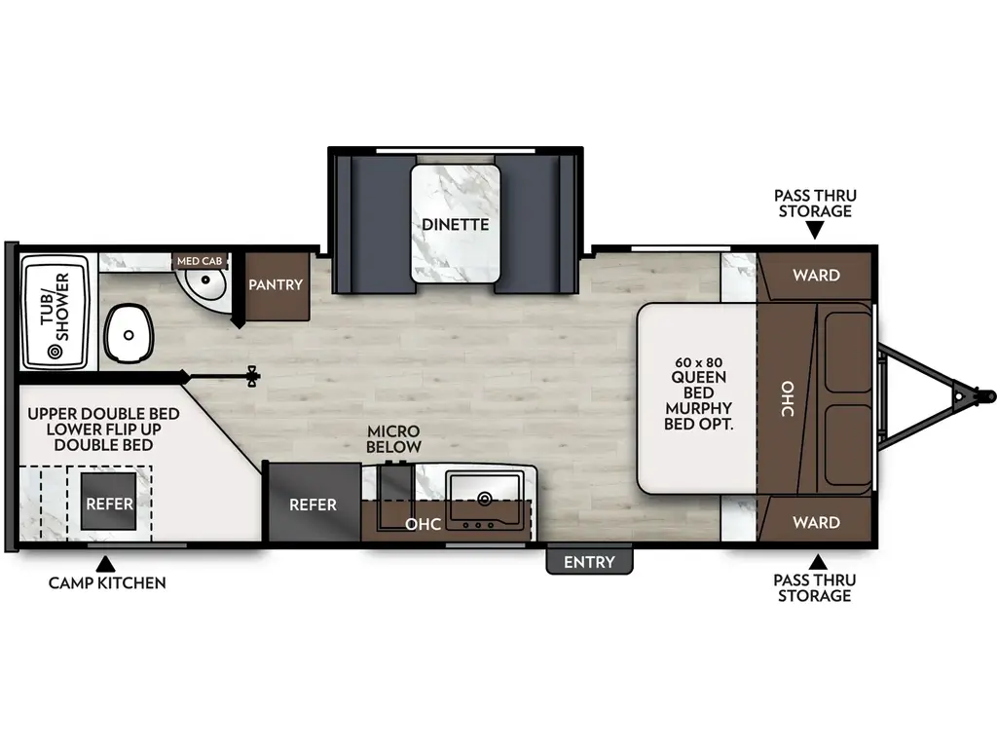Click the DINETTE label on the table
click(x=456, y=224)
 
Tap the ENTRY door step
click(x=590, y=562)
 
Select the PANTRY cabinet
click(x=277, y=285)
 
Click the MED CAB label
click(x=200, y=261)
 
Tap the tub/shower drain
click(x=55, y=351)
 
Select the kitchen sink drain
click(x=484, y=499)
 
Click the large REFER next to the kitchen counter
click(x=313, y=505)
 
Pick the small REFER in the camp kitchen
click(x=108, y=505)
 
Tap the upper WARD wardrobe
click(x=815, y=276)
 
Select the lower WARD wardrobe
click(x=815, y=523)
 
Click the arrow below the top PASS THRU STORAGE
click(x=815, y=230)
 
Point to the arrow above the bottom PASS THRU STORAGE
click(x=815, y=562)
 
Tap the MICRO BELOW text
click(x=393, y=439)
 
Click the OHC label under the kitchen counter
click(x=425, y=524)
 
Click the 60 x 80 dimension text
click(x=697, y=362)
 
